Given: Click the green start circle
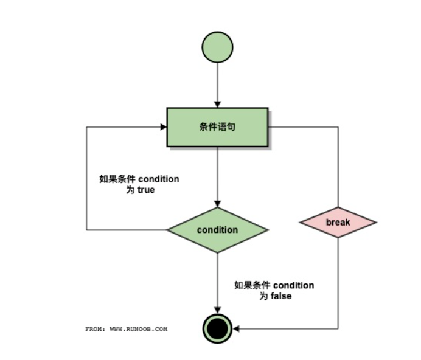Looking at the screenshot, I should (217, 48).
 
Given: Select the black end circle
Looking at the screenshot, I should (217, 329).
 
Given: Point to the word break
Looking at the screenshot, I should (338, 223).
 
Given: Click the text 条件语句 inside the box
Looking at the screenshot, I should (217, 127).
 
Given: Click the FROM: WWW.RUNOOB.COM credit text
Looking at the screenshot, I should (126, 329).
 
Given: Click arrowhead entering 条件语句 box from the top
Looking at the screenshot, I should (217, 104).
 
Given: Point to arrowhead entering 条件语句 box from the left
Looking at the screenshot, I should (164, 127).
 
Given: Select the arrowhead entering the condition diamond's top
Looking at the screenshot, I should (217, 204).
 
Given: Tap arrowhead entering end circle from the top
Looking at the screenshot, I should (217, 310).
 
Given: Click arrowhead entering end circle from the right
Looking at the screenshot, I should (236, 329).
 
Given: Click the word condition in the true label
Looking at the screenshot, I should (159, 179).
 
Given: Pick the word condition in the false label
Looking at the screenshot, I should (294, 285).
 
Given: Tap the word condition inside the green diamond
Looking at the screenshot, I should (217, 230).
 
